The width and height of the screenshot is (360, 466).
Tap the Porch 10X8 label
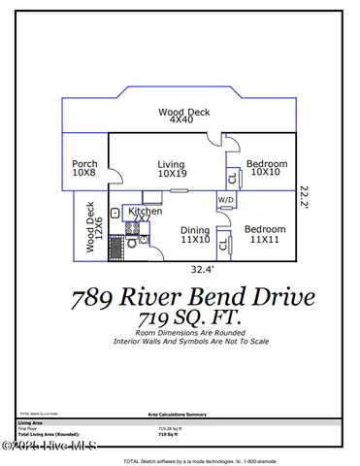(84, 169)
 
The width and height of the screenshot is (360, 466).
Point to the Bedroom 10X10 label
(265, 168)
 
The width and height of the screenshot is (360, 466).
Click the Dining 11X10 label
(195, 235)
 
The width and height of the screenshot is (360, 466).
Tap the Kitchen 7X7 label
(145, 215)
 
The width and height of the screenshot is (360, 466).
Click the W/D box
(225, 201)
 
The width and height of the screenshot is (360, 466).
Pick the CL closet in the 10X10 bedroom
(232, 178)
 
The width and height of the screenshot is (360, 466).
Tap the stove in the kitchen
(130, 230)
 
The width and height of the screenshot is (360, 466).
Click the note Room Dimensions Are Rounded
(180, 333)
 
